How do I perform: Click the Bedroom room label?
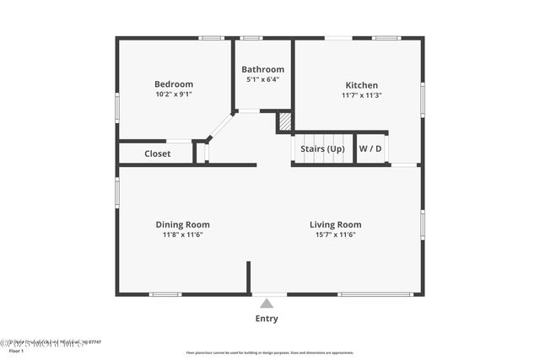pyautogui.click(x=173, y=84)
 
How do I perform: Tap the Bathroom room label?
pyautogui.click(x=262, y=69)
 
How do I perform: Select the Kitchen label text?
pyautogui.click(x=361, y=85)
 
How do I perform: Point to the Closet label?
pyautogui.click(x=157, y=153)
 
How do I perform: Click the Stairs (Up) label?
pyautogui.click(x=322, y=149)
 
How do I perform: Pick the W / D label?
pyautogui.click(x=370, y=149)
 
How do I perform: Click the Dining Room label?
pyautogui.click(x=182, y=224)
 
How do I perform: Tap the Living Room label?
pyautogui.click(x=335, y=224)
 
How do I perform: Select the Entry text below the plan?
pyautogui.click(x=267, y=319)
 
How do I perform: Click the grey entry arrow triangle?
pyautogui.click(x=267, y=304)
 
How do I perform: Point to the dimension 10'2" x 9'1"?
pyautogui.click(x=173, y=94)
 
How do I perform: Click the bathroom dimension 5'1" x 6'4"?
pyautogui.click(x=262, y=79)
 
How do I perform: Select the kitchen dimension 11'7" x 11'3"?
pyautogui.click(x=361, y=95)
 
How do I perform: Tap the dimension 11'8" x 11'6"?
pyautogui.click(x=182, y=234)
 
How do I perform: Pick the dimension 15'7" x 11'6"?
pyautogui.click(x=335, y=234)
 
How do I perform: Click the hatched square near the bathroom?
pyautogui.click(x=285, y=122)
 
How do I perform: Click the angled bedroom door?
pyautogui.click(x=220, y=126)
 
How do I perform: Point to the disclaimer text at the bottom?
pyautogui.click(x=269, y=352)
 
